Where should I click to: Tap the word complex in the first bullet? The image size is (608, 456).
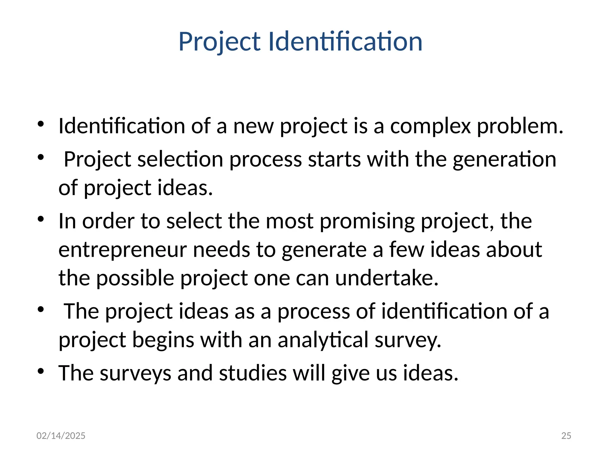tap(430, 126)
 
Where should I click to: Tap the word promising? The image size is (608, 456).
tap(367, 221)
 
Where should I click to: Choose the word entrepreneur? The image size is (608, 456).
tap(123, 250)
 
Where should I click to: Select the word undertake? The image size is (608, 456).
tap(387, 278)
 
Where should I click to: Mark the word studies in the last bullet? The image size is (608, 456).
tap(253, 373)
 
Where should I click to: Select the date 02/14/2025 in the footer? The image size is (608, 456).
tap(61, 436)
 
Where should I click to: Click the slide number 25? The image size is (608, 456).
tap(566, 436)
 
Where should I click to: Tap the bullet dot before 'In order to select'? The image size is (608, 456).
tap(41, 220)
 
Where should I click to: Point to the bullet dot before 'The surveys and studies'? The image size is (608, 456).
tap(41, 371)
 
